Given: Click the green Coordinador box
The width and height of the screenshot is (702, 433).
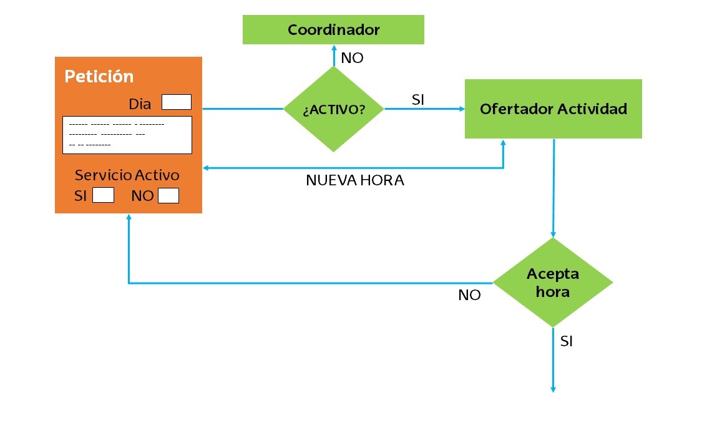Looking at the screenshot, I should (x=333, y=29).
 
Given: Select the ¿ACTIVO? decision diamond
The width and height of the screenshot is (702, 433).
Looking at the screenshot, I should (x=334, y=109).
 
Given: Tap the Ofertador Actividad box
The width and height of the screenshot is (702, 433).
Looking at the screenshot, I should (x=553, y=109).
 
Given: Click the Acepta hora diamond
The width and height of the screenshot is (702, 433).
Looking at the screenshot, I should (x=553, y=282).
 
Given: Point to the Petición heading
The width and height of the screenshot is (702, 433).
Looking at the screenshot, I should (x=99, y=76).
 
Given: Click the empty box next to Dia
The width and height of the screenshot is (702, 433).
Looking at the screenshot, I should (x=177, y=102).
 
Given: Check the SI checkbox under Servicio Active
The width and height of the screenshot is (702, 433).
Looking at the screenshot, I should (x=103, y=195).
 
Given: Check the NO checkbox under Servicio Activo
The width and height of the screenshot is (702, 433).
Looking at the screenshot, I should (x=168, y=195).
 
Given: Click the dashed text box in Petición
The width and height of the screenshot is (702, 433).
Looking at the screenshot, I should (x=127, y=135).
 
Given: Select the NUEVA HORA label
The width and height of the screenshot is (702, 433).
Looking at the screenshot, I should (x=355, y=181).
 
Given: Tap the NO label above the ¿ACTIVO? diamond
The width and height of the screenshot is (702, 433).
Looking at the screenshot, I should (x=352, y=59).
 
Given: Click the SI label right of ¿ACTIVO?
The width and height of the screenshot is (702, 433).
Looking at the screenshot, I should (x=418, y=99).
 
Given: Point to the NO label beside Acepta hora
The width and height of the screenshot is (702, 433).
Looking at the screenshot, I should (x=469, y=295).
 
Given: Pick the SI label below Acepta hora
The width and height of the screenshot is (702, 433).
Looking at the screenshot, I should (x=567, y=341).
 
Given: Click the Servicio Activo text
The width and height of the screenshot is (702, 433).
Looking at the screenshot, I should (x=127, y=175).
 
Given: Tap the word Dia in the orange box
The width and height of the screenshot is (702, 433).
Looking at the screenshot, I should (x=140, y=104).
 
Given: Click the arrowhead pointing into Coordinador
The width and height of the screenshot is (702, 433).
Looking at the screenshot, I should (x=334, y=48).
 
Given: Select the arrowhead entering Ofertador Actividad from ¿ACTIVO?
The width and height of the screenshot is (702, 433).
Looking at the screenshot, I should (x=462, y=109).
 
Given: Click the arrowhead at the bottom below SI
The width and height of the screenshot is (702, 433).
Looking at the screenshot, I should (x=553, y=389).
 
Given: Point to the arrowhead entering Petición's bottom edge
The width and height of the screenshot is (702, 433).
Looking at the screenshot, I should (x=129, y=217).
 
